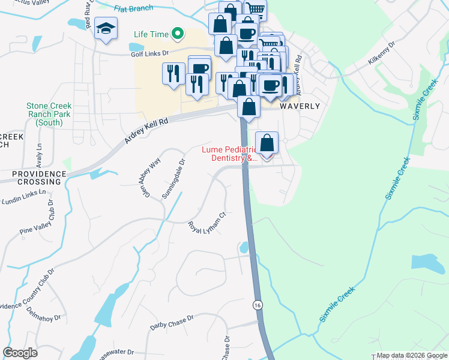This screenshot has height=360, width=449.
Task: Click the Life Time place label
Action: [149, 34]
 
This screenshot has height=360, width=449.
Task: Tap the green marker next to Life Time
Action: [177, 34]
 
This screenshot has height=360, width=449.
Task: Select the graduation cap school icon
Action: [106, 29]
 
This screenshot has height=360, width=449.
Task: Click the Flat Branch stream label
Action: [133, 9]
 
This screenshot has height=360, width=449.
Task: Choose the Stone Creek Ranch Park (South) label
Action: [49, 114]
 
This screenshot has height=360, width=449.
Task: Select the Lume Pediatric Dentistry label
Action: [228, 154]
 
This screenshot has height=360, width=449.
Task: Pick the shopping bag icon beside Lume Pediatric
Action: [267, 143]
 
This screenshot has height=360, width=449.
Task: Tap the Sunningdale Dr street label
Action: [173, 178]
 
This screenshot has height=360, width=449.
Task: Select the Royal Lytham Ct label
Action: [206, 223]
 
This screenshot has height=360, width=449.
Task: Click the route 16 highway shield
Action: [258, 305]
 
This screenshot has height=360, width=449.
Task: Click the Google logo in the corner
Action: [20, 353]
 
